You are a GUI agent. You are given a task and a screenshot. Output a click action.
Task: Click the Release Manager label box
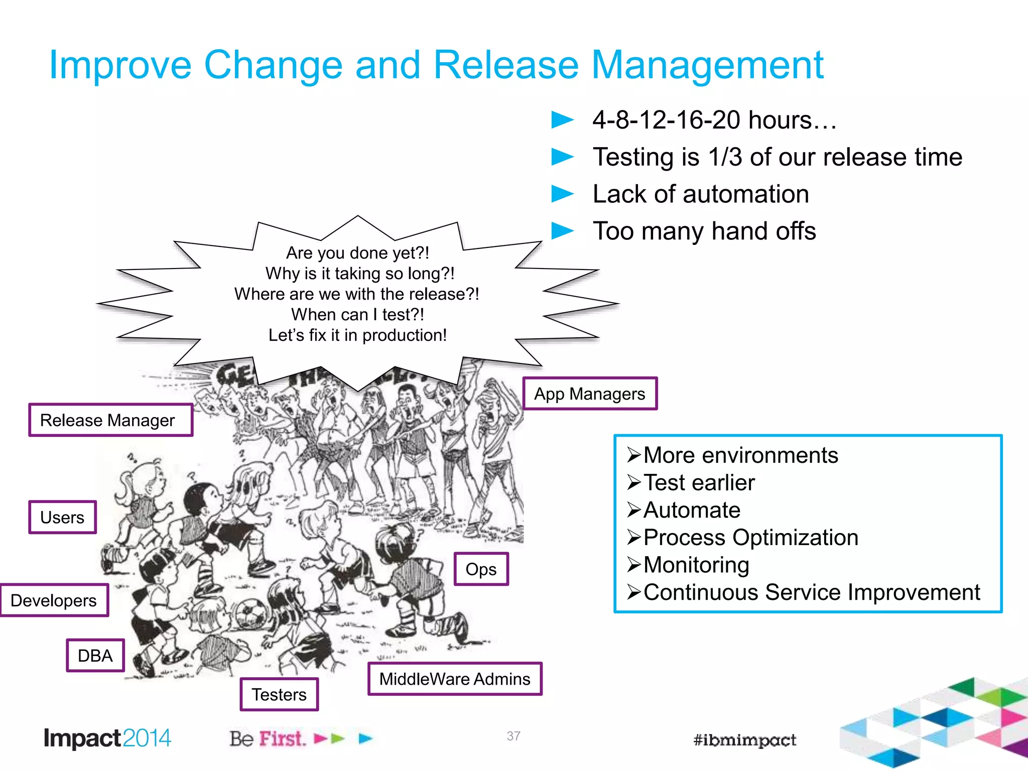click(x=110, y=420)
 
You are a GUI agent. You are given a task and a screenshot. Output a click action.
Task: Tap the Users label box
click(x=62, y=517)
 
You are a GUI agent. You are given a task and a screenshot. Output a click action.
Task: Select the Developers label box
click(x=54, y=600)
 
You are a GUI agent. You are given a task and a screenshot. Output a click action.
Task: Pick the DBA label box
click(x=95, y=656)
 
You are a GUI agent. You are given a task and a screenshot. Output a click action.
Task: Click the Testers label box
click(x=279, y=695)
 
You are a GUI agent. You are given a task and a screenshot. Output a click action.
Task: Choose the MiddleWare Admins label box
click(x=455, y=679)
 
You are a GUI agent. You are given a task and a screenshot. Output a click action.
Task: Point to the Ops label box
click(x=481, y=569)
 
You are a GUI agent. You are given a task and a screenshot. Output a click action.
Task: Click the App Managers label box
click(x=590, y=394)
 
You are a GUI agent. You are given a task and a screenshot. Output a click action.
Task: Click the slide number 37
click(x=513, y=736)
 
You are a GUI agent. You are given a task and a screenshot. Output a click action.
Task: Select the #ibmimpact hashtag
click(x=745, y=740)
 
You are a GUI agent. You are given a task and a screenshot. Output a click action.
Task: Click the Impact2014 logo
click(x=107, y=738)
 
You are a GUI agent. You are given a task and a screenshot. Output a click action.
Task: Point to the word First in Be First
click(x=282, y=739)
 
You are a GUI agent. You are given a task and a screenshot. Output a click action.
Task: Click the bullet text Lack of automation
click(x=701, y=194)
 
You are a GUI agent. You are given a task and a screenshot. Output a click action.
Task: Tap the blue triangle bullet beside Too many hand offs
click(x=562, y=231)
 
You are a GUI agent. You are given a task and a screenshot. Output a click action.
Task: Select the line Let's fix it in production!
click(x=357, y=335)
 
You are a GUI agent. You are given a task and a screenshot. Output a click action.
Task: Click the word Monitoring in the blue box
click(x=696, y=565)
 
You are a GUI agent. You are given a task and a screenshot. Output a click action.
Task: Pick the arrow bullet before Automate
click(x=634, y=510)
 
